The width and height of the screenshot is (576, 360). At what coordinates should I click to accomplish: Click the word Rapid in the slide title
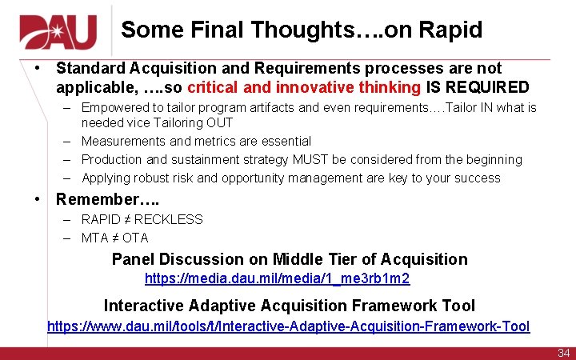pyautogui.click(x=450, y=30)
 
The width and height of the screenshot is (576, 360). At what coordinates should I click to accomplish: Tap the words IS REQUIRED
pyautogui.click(x=477, y=87)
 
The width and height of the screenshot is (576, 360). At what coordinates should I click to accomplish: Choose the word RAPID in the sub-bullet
pyautogui.click(x=102, y=219)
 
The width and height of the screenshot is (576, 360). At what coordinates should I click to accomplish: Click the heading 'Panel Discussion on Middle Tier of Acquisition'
pyautogui.click(x=289, y=259)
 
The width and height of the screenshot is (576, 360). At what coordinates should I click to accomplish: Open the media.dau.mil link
pyautogui.click(x=277, y=278)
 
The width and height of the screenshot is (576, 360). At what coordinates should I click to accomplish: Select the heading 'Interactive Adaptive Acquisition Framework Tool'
pyautogui.click(x=289, y=306)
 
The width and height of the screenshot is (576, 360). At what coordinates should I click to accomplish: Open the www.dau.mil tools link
pyautogui.click(x=288, y=326)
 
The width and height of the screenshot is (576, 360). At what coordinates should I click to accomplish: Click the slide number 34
pyautogui.click(x=563, y=353)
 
